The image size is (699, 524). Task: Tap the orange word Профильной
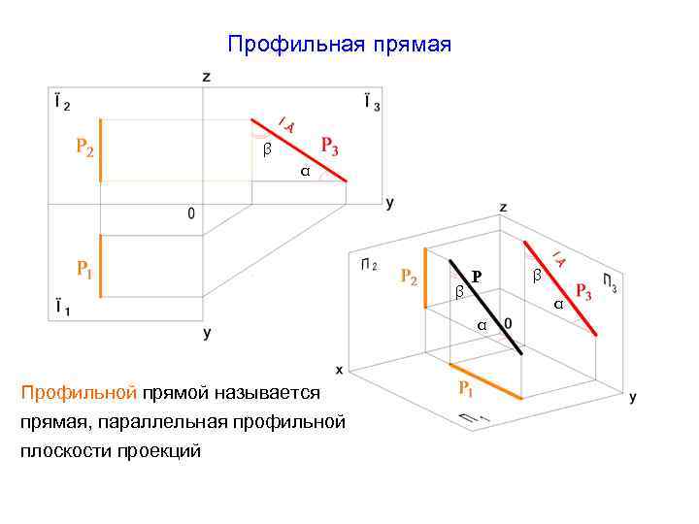(x=80, y=393)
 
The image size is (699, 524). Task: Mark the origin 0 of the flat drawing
(x=191, y=213)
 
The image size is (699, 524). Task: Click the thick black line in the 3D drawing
(x=485, y=307)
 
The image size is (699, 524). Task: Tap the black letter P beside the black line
(x=477, y=278)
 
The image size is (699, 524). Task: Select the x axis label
(x=339, y=370)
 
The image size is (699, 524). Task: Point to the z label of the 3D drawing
(x=503, y=207)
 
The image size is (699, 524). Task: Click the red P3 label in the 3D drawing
(x=583, y=291)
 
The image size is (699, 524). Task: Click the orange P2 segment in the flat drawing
(x=100, y=151)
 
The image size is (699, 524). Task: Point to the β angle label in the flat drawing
(x=267, y=150)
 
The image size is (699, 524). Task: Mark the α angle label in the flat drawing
(x=304, y=172)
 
